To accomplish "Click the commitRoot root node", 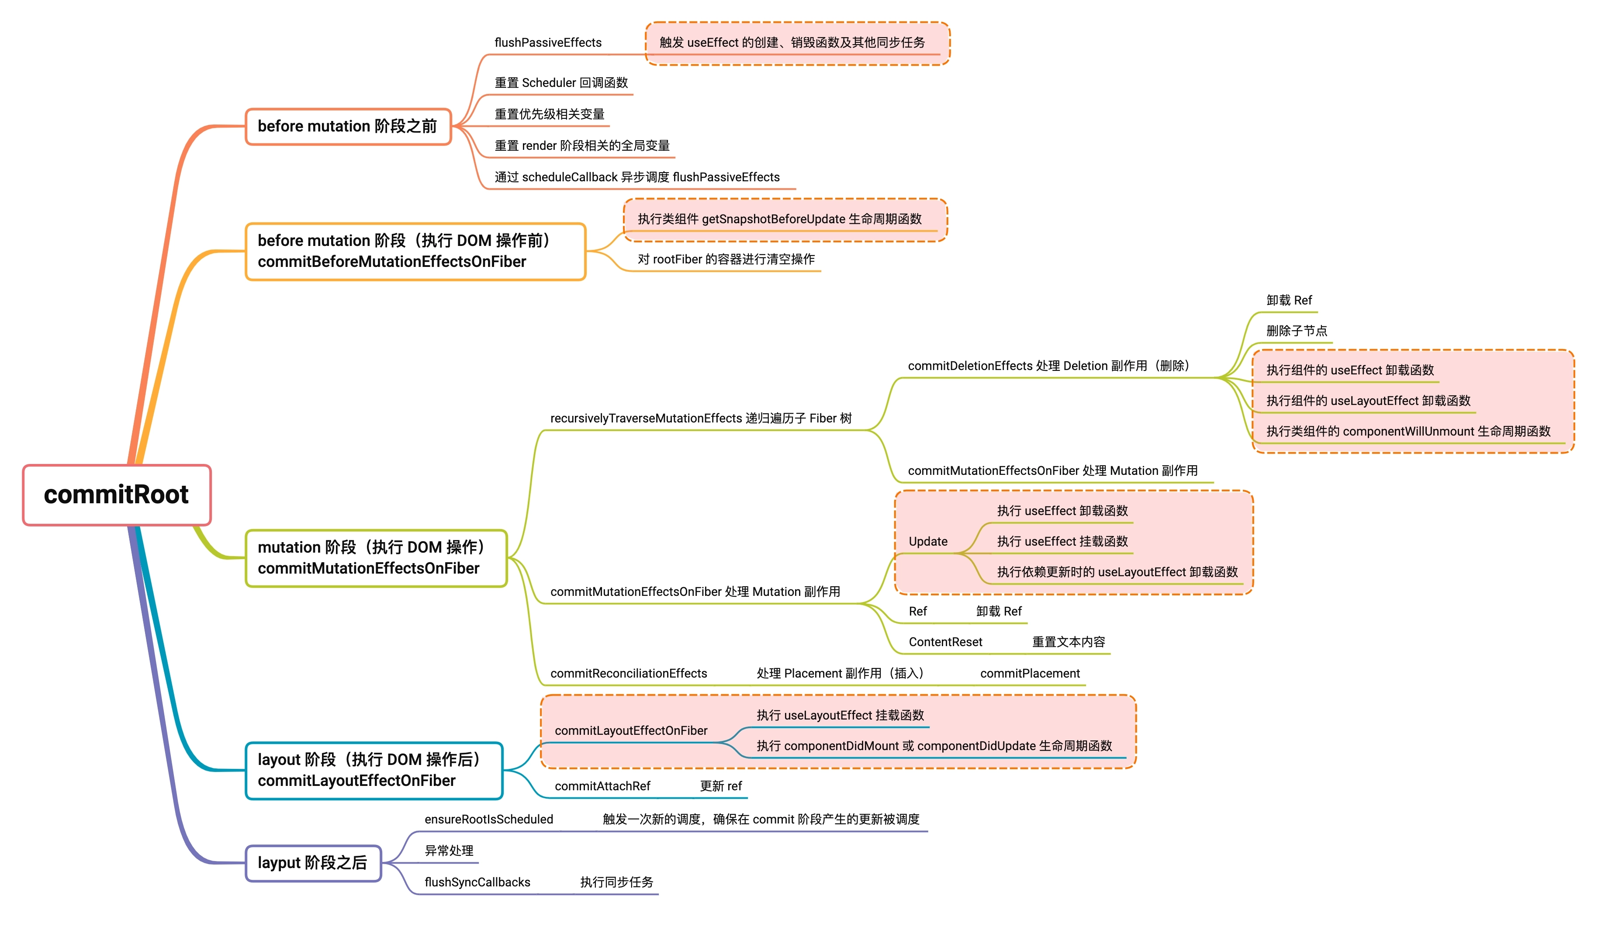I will click(116, 495).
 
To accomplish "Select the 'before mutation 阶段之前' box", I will click(348, 127).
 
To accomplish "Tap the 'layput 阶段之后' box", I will click(313, 863).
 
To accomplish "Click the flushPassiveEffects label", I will click(548, 43).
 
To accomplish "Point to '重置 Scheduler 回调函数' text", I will click(561, 83).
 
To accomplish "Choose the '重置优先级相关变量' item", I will click(549, 114).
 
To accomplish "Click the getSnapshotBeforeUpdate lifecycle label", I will click(779, 219).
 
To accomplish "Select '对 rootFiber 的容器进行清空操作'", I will click(726, 259).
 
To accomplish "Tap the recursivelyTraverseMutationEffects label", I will click(701, 419).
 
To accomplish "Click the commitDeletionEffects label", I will click(1048, 366).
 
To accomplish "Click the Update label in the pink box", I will click(927, 542).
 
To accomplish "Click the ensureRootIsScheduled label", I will click(488, 820).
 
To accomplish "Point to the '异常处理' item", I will click(449, 851).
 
